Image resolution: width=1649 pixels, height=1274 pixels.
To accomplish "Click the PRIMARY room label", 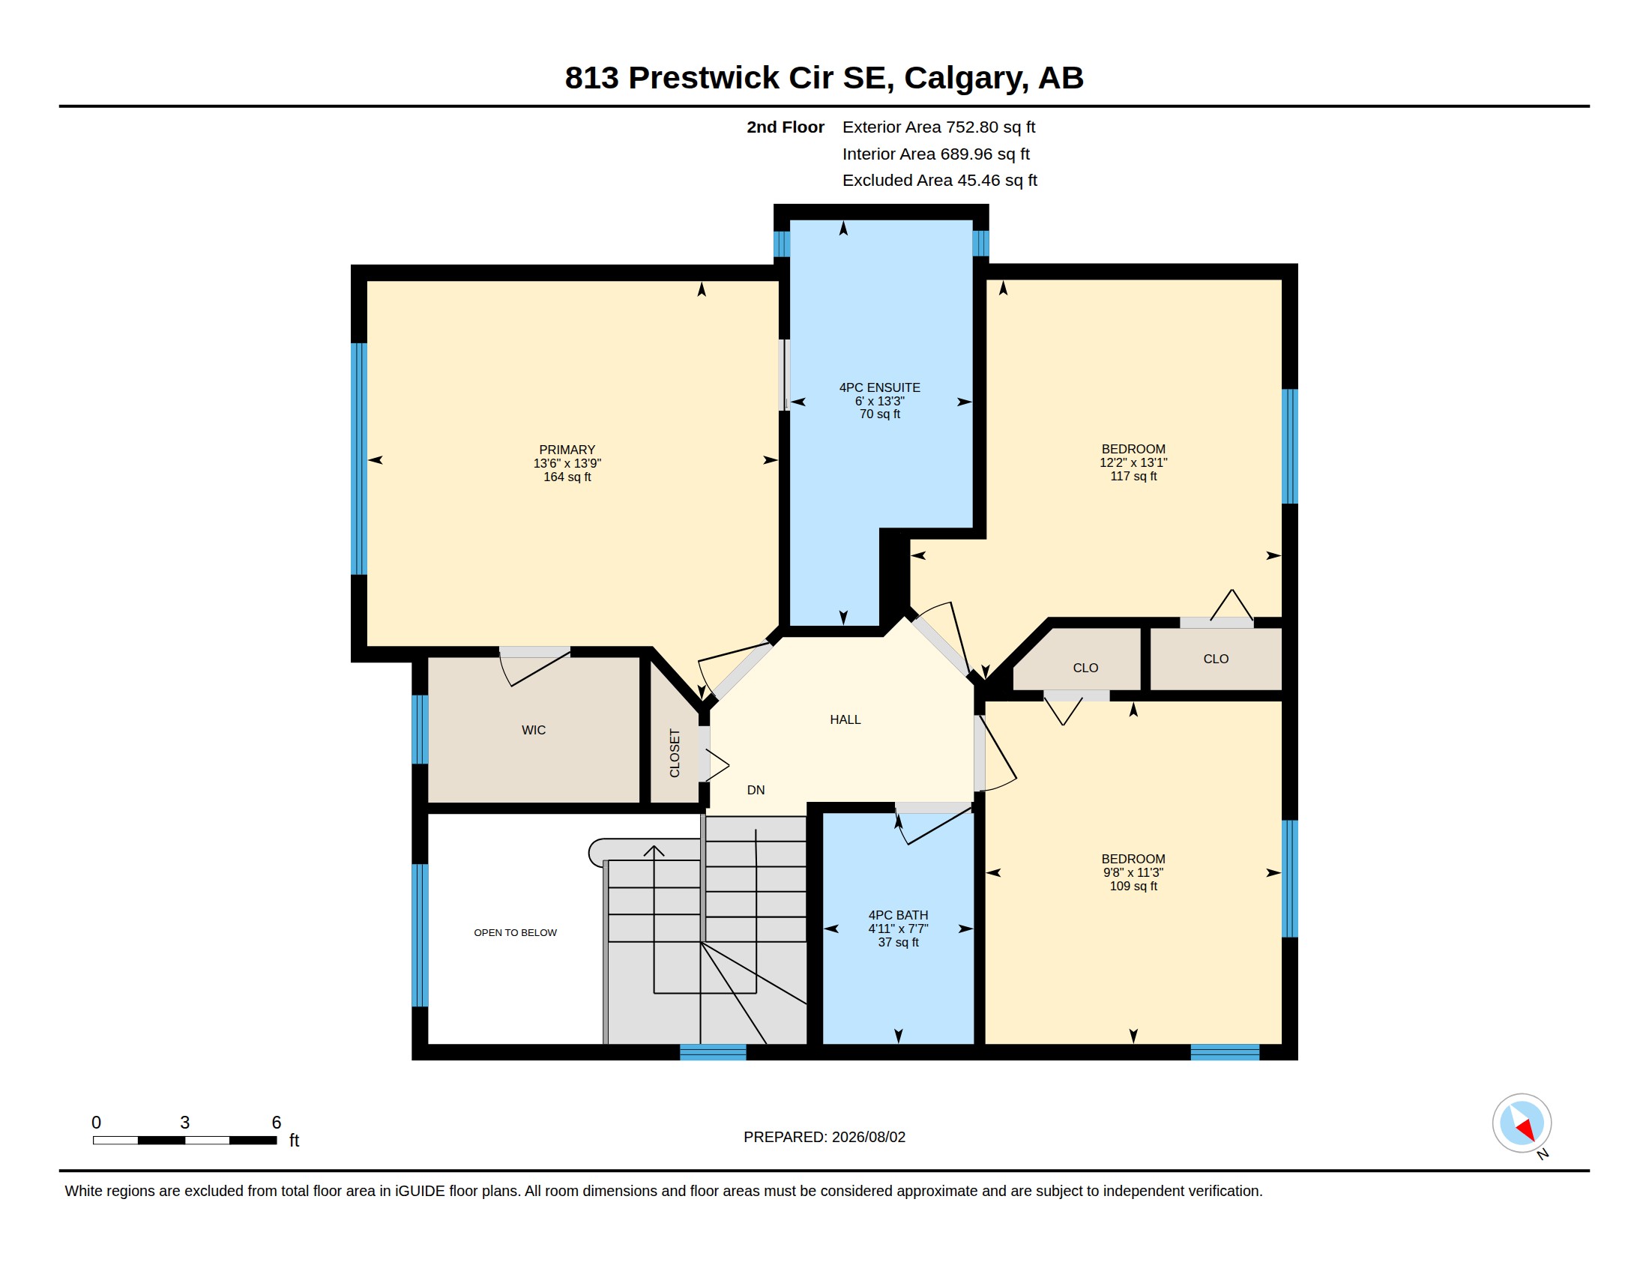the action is pos(567,450).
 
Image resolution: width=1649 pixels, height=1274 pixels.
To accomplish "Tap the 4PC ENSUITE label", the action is pos(880,388).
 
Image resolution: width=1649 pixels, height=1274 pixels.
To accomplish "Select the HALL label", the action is pos(845,720).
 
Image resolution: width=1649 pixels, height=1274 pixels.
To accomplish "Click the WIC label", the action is pos(534,731).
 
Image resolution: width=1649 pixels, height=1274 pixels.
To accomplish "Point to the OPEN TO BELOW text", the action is pos(516,933).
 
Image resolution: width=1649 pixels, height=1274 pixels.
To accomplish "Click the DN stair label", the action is pos(756,790).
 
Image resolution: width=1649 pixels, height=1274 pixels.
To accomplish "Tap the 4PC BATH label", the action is pos(899,916).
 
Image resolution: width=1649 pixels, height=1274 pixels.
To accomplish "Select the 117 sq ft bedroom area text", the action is pos(1133,476).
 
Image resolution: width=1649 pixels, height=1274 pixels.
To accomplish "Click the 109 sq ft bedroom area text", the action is pos(1133,886).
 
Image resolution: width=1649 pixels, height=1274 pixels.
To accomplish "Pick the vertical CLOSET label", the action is pos(675,753).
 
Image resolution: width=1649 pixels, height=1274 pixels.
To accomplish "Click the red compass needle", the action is pos(1526,1130).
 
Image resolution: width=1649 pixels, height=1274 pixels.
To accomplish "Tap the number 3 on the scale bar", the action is pos(185,1123).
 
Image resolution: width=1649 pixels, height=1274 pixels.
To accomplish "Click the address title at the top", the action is pos(824,78).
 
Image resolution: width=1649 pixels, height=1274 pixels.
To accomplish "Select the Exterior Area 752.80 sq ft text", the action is pos(938,127).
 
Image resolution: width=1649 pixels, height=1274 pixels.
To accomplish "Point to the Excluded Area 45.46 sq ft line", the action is pos(940,181).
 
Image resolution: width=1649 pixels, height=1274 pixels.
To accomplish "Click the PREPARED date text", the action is pos(824,1138).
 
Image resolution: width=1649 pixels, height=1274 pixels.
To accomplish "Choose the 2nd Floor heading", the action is pos(786,127).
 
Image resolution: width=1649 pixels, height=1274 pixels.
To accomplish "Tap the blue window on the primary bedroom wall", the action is pos(359,459).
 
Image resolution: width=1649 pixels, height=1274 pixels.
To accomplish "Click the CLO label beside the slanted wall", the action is pos(1086,668).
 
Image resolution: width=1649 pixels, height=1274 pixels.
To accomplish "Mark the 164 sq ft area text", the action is pos(567,477).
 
